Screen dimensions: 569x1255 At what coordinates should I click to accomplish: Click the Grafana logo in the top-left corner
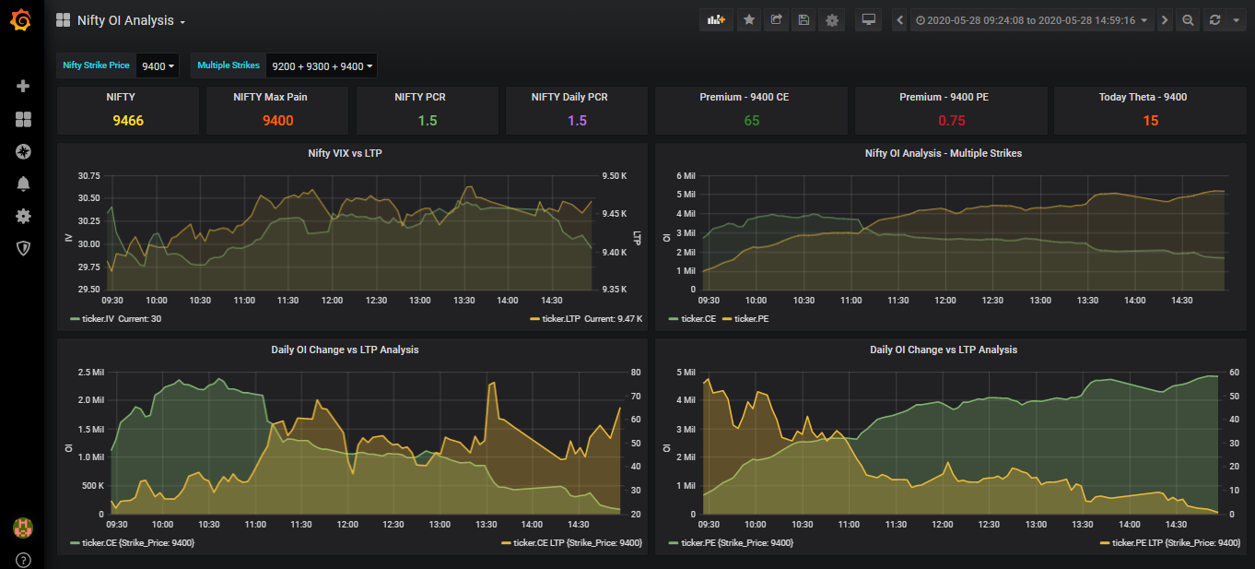click(x=21, y=19)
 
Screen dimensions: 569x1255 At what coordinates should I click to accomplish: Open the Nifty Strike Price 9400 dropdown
click(x=158, y=66)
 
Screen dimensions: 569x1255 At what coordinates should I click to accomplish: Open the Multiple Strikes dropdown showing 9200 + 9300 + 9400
click(x=322, y=66)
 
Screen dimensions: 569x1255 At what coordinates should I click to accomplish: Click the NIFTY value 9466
click(x=128, y=121)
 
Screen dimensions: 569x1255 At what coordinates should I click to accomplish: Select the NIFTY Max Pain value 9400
click(x=277, y=121)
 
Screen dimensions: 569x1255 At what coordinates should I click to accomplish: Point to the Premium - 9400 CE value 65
click(x=751, y=121)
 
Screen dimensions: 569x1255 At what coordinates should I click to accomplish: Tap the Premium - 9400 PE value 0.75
click(x=951, y=121)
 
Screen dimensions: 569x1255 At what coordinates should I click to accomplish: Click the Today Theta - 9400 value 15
click(x=1150, y=121)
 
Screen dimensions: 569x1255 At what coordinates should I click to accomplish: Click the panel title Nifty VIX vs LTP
click(x=345, y=153)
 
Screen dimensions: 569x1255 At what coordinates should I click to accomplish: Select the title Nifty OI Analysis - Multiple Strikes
click(x=943, y=153)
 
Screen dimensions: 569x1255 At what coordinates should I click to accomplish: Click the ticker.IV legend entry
click(x=96, y=318)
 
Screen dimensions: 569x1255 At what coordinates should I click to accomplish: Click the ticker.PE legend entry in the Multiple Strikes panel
click(x=751, y=318)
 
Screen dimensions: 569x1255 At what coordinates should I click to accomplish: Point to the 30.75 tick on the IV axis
click(x=88, y=175)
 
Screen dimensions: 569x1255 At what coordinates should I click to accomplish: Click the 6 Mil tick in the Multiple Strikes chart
click(x=686, y=175)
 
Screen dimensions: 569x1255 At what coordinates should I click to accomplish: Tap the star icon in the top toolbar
click(x=749, y=20)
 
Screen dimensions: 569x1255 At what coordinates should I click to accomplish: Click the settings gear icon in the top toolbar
click(x=832, y=20)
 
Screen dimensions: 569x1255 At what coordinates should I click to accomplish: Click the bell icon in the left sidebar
click(x=23, y=184)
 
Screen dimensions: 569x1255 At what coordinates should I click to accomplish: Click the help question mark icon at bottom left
click(x=23, y=560)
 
